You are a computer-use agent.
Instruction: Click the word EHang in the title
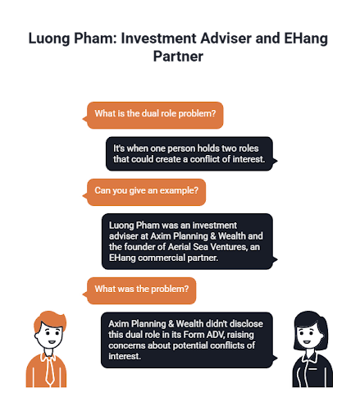tap(306, 39)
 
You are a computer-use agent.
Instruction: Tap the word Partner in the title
tap(178, 57)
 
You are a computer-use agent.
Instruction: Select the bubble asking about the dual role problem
tap(153, 115)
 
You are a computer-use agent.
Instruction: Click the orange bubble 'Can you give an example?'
tap(144, 192)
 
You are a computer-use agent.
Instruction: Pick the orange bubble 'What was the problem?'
tap(139, 290)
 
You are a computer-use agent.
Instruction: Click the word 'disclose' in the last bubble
tap(248, 324)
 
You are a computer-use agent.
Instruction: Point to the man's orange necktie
tap(50, 370)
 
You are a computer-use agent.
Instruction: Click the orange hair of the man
tap(50, 319)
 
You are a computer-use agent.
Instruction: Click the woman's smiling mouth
tap(307, 342)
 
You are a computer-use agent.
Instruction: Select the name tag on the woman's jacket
tap(312, 369)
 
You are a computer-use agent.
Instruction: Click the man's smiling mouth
tap(52, 342)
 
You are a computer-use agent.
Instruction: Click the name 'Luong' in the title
tap(49, 39)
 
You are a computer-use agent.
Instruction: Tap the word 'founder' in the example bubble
tap(138, 247)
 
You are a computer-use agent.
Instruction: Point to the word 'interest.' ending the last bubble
tap(125, 356)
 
